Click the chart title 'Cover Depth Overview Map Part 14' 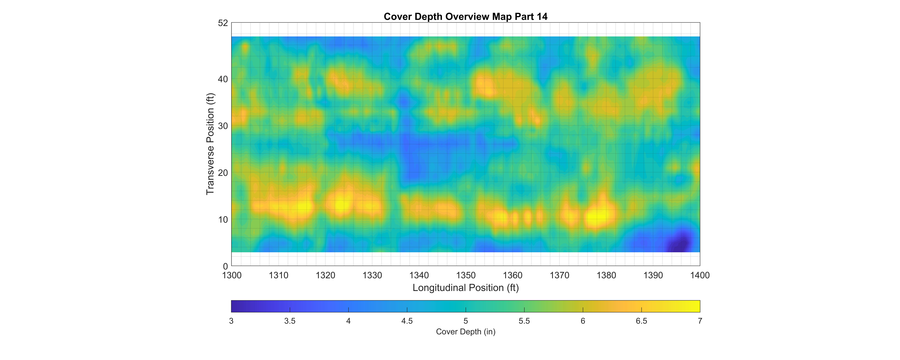point(465,16)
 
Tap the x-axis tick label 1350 point(466,275)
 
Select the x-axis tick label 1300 point(232,275)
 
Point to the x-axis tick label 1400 point(700,275)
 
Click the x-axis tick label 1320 point(325,275)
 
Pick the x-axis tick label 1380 point(606,275)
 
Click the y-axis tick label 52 point(223,23)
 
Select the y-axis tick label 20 point(223,173)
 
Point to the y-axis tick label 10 point(223,220)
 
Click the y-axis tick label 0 point(225,266)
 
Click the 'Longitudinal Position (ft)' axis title point(465,288)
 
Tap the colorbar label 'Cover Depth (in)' point(465,332)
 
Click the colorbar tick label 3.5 point(290,321)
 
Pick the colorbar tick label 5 point(465,321)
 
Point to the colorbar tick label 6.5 point(641,321)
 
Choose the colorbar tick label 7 point(700,321)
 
